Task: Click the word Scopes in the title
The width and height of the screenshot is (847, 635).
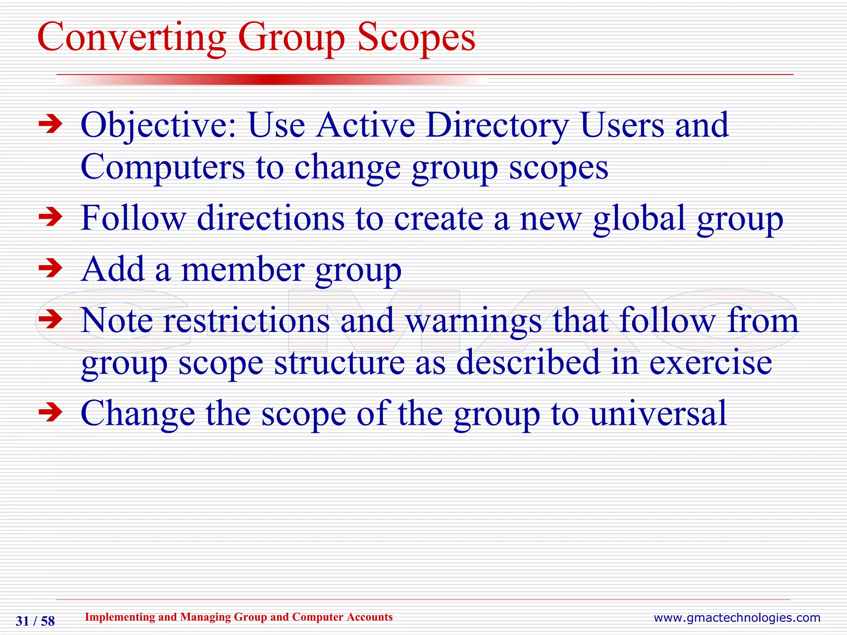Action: pyautogui.click(x=416, y=38)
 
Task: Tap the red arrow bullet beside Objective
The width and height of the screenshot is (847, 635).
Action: pyautogui.click(x=50, y=124)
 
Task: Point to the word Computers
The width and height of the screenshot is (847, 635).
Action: pyautogui.click(x=163, y=167)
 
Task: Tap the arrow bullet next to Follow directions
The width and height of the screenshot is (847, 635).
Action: pyautogui.click(x=50, y=217)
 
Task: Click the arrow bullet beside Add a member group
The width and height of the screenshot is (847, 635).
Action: pyautogui.click(x=50, y=269)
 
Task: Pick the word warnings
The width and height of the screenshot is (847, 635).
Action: pyautogui.click(x=473, y=321)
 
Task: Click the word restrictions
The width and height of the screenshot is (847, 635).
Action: pyautogui.click(x=246, y=320)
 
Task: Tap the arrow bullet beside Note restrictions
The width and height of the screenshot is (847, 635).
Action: pyautogui.click(x=50, y=320)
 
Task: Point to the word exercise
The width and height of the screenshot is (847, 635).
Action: pyautogui.click(x=710, y=363)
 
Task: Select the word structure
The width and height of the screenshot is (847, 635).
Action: pyautogui.click(x=339, y=363)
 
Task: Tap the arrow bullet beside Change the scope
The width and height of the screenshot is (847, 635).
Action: pyautogui.click(x=50, y=412)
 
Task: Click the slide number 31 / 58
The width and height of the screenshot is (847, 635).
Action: pyautogui.click(x=35, y=621)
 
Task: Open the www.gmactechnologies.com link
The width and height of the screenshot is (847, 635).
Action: pyautogui.click(x=737, y=618)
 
